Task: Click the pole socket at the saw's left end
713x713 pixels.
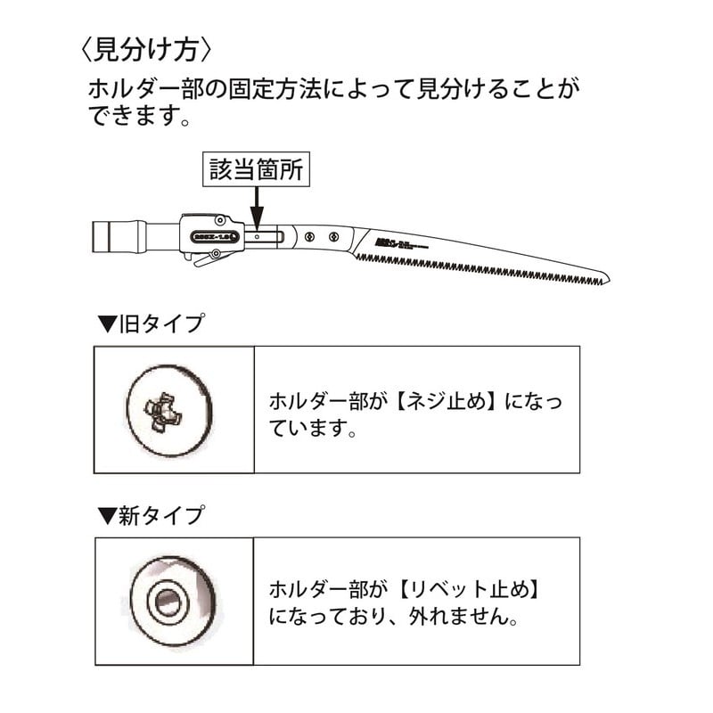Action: pos(108,237)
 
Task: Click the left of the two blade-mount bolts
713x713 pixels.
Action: pos(309,237)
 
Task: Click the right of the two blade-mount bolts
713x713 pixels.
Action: pos(333,238)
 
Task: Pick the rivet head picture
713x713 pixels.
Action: pos(168,602)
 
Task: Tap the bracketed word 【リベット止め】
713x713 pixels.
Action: pos(469,589)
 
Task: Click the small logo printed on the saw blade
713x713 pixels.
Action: pos(389,241)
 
